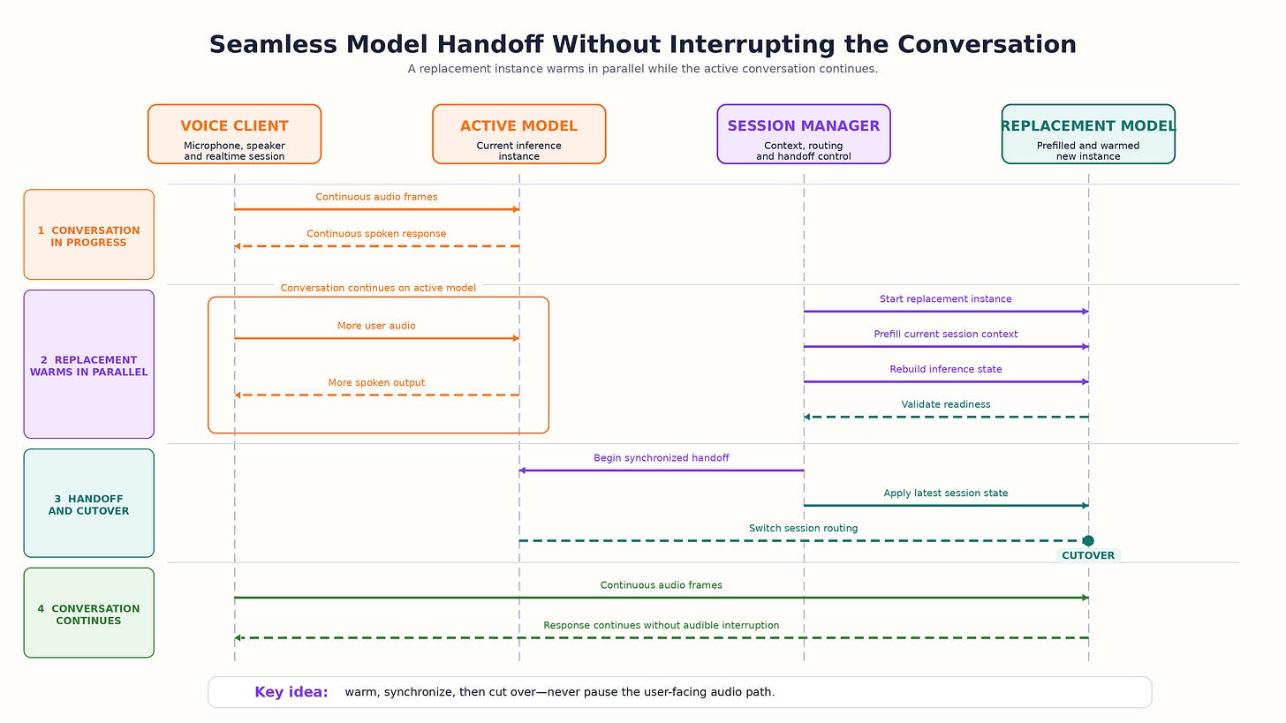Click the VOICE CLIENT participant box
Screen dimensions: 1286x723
pyautogui.click(x=234, y=134)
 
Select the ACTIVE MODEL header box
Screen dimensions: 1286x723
pyautogui.click(x=519, y=134)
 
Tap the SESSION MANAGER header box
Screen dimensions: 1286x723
pyautogui.click(x=804, y=134)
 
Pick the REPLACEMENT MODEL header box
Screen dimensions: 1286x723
pyautogui.click(x=1088, y=134)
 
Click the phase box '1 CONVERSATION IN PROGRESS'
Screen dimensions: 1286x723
pyautogui.click(x=89, y=235)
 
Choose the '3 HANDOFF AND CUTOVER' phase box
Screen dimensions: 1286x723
pyautogui.click(x=89, y=503)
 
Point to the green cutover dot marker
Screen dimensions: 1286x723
pyautogui.click(x=1088, y=540)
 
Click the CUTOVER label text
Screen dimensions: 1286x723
pyautogui.click(x=1088, y=555)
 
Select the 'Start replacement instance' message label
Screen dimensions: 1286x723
pyautogui.click(x=946, y=299)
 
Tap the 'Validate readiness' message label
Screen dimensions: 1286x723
pyautogui.click(x=946, y=404)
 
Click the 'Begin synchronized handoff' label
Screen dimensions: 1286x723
pyautogui.click(x=662, y=458)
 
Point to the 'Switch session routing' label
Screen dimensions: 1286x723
pyautogui.click(x=803, y=528)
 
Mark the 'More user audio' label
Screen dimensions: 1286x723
pyautogui.click(x=376, y=326)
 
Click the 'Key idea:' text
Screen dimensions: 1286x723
pyautogui.click(x=291, y=692)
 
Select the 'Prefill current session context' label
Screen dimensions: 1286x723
pyautogui.click(x=946, y=334)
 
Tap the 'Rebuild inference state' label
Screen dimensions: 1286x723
pyautogui.click(x=946, y=369)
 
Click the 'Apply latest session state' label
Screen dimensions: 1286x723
pyautogui.click(x=946, y=493)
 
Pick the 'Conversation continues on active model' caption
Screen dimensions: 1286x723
pyautogui.click(x=378, y=288)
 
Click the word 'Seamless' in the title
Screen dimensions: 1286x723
pyautogui.click(x=273, y=45)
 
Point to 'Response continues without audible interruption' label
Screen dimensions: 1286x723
pyautogui.click(x=662, y=625)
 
